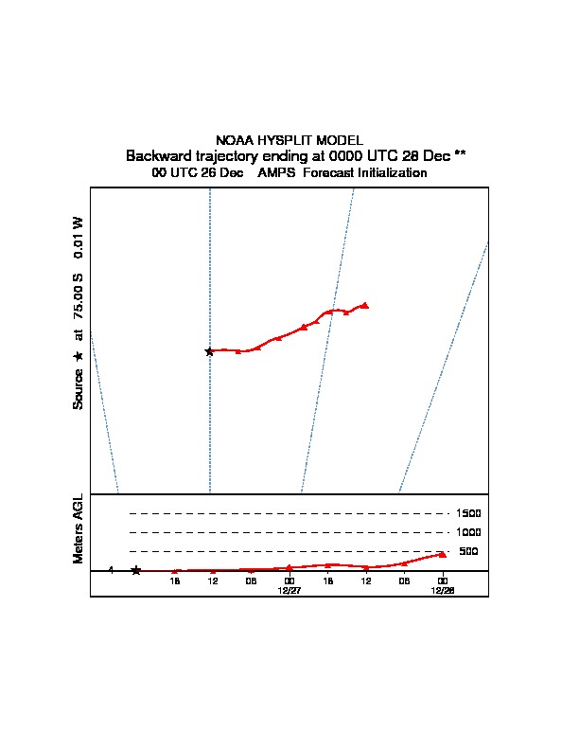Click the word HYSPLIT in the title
click(285, 140)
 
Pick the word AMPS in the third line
click(276, 172)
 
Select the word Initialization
click(393, 172)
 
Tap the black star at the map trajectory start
click(209, 352)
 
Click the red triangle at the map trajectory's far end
click(365, 305)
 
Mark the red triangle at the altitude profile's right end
click(443, 554)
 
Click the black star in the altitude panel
click(136, 570)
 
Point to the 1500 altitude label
click(468, 513)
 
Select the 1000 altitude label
click(468, 532)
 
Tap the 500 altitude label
click(468, 551)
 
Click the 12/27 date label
click(289, 591)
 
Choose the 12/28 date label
click(443, 591)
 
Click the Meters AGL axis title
click(78, 528)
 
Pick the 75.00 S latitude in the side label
click(78, 296)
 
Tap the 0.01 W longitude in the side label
click(78, 238)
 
